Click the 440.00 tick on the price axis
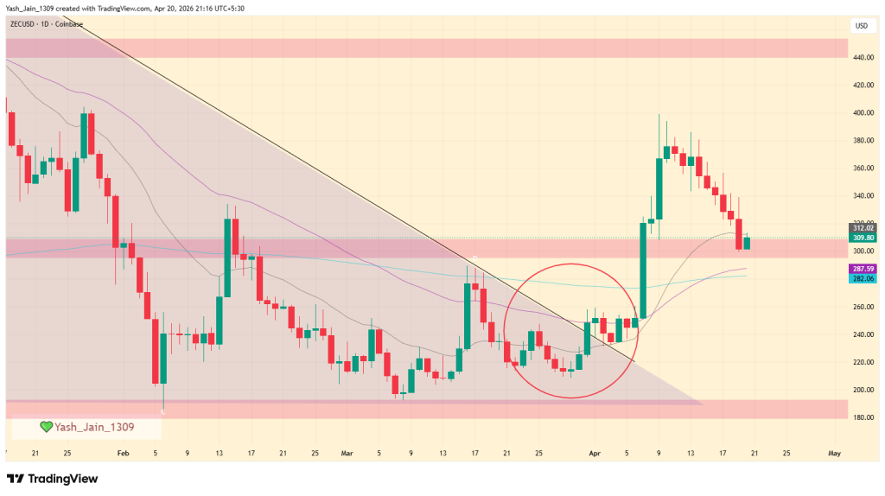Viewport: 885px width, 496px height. [x=861, y=58]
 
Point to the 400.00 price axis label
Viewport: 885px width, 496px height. [x=861, y=113]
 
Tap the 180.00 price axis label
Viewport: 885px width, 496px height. [x=861, y=417]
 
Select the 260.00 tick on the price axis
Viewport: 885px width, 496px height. [x=861, y=307]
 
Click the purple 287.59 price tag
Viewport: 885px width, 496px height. [x=862, y=270]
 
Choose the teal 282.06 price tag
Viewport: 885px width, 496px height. [x=862, y=279]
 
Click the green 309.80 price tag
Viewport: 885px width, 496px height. [x=862, y=238]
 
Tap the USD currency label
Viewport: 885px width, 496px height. [x=861, y=26]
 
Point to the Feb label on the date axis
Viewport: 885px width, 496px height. [x=122, y=453]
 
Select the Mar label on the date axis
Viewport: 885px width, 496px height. [x=347, y=453]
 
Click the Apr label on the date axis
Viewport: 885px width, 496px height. [x=593, y=453]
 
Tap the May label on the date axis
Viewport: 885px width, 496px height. [x=834, y=453]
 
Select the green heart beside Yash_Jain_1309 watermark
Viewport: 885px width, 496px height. [x=46, y=426]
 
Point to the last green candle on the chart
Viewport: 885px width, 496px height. [x=748, y=244]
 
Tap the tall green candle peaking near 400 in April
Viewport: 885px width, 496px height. [x=659, y=190]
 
